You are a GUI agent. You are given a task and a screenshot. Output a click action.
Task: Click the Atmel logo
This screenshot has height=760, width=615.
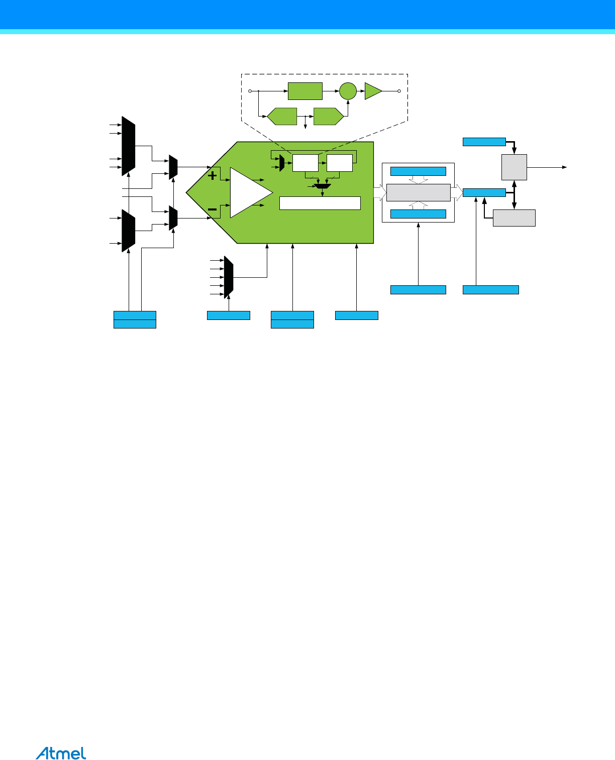(61, 753)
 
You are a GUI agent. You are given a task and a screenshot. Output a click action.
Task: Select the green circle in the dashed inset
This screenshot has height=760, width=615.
(348, 91)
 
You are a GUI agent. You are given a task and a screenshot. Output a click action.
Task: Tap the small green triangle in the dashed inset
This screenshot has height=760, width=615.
(372, 91)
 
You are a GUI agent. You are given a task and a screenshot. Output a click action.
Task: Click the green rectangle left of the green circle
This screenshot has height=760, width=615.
(305, 91)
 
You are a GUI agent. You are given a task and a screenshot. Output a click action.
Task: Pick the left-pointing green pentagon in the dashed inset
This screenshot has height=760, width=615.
(282, 117)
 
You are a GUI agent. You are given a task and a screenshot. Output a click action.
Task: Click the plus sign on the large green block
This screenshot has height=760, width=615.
(213, 176)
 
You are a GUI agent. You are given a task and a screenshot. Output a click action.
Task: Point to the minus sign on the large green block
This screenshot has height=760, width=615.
(213, 209)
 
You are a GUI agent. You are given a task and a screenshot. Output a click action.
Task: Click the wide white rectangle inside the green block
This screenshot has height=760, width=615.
(320, 203)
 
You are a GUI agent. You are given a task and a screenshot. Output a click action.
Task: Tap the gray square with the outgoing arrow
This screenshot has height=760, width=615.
(514, 167)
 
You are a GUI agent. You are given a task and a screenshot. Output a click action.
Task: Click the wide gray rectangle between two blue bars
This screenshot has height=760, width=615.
(418, 192)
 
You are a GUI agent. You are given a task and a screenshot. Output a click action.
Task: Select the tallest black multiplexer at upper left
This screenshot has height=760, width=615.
(129, 147)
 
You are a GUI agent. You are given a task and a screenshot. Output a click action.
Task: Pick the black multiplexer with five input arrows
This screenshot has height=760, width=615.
(229, 277)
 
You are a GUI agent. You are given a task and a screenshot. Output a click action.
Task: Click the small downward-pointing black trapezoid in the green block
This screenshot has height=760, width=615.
(322, 187)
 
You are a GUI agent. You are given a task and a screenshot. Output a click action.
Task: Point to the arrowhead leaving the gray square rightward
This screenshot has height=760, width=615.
(565, 167)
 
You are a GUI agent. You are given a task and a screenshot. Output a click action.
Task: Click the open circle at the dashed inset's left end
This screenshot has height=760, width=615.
(250, 91)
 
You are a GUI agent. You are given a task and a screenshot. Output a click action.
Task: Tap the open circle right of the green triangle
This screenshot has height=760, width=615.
(399, 91)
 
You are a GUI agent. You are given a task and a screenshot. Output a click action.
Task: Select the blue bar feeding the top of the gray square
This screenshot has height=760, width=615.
(484, 142)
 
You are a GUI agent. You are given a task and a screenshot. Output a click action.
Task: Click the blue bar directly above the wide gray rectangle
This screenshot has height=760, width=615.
(418, 171)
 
